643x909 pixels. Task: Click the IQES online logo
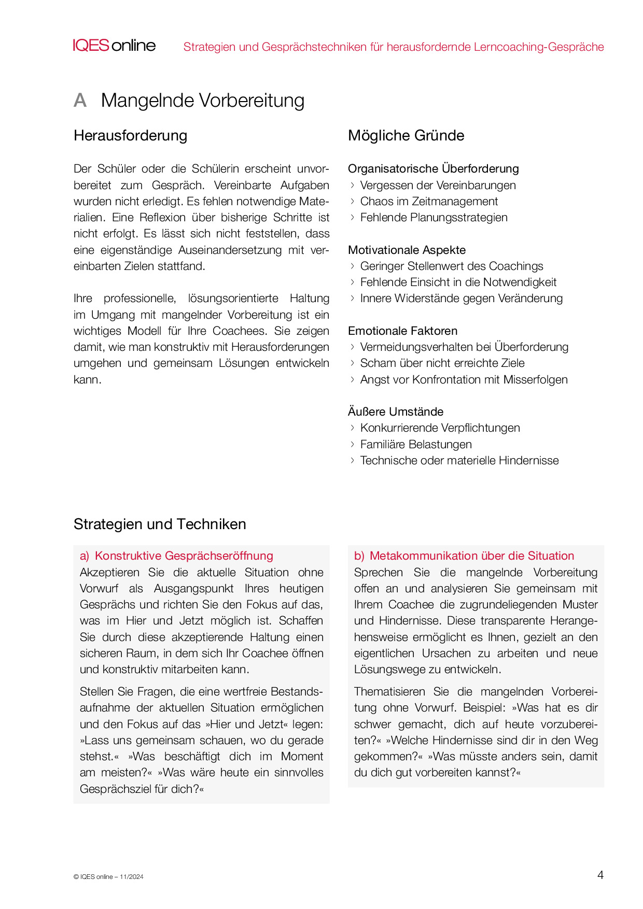[114, 46]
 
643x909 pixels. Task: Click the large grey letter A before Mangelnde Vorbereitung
[80, 101]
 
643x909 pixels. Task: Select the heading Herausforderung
[130, 136]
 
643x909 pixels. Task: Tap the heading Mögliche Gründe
[406, 136]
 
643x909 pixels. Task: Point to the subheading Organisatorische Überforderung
[433, 169]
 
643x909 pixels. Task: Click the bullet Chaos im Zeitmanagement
[429, 202]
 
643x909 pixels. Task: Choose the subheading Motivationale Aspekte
[407, 250]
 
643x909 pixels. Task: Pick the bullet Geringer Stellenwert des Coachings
[451, 266]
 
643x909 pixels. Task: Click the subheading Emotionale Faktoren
[402, 331]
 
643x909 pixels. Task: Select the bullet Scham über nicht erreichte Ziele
[442, 363]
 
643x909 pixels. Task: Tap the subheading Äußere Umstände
[396, 412]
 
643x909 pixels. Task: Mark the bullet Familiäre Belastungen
[416, 445]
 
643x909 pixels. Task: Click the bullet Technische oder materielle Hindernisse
[459, 461]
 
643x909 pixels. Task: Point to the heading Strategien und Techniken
[160, 524]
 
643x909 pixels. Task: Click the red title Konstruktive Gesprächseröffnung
[184, 556]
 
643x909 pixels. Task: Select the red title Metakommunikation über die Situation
[471, 556]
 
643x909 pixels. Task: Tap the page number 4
[600, 875]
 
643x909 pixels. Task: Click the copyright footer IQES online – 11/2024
[108, 877]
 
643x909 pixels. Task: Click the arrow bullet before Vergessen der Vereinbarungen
[353, 186]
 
